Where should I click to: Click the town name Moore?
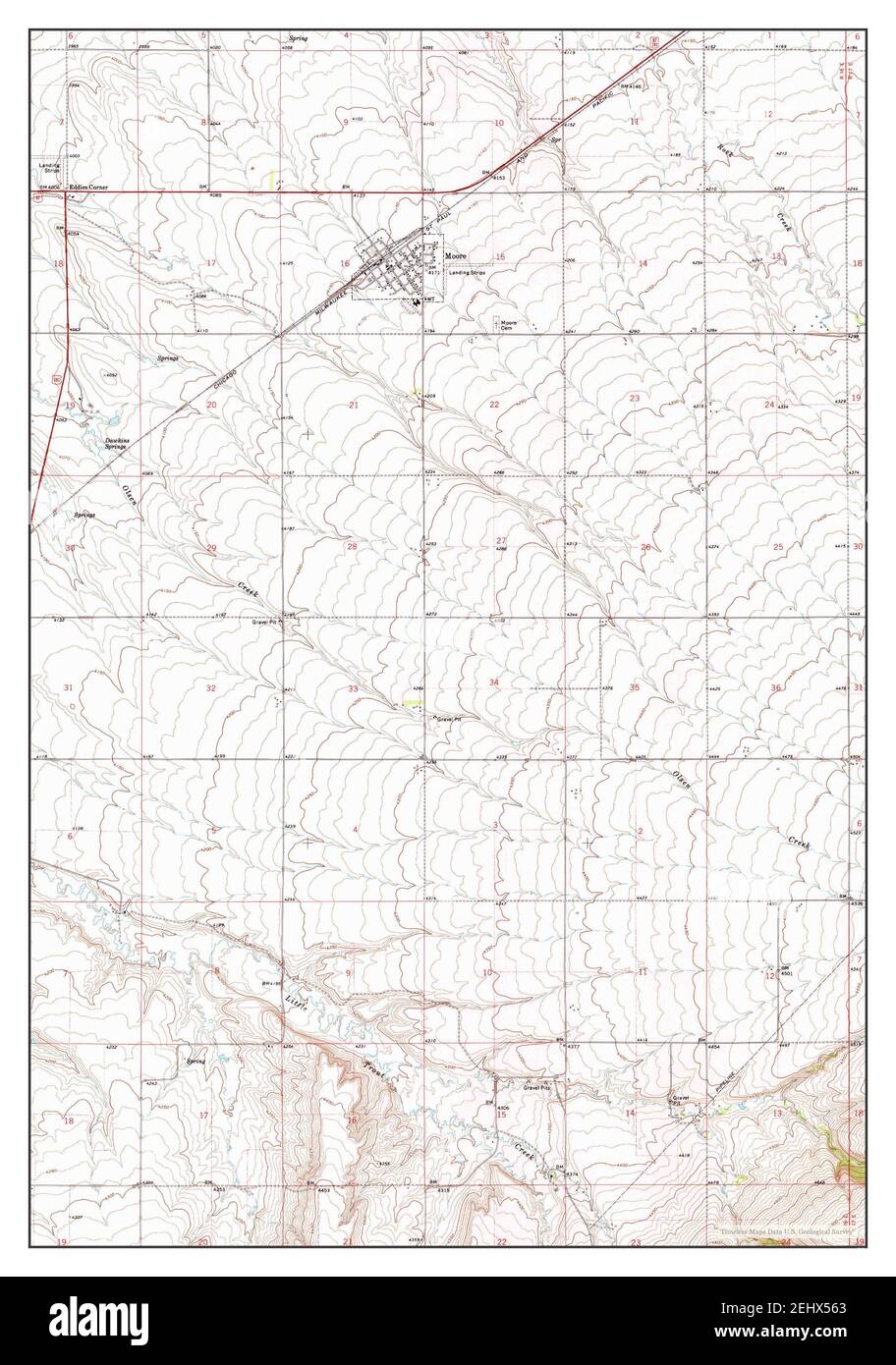click(455, 254)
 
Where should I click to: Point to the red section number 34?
click(494, 682)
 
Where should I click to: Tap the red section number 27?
click(500, 541)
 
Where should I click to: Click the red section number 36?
click(776, 687)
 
